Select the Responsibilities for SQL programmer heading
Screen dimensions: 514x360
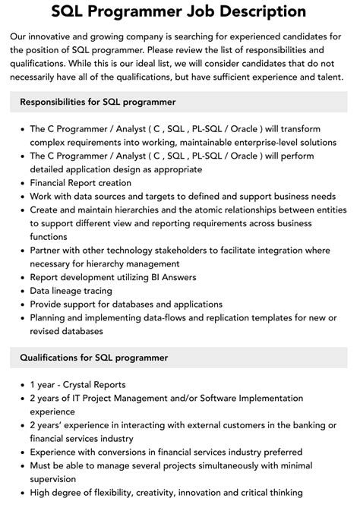pyautogui.click(x=98, y=101)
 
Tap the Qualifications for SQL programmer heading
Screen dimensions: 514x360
pyautogui.click(x=94, y=357)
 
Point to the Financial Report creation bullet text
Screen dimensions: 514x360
pyautogui.click(x=81, y=183)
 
